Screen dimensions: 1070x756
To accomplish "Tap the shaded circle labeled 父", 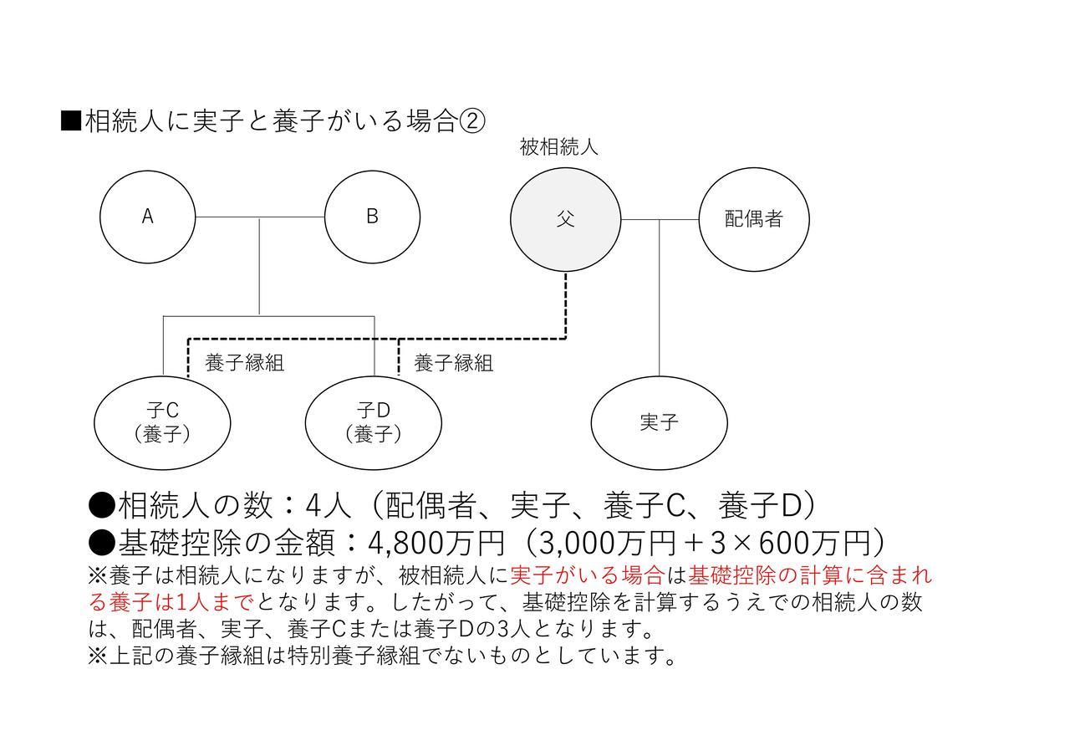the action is [566, 219].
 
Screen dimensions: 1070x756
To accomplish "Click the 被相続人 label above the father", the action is [559, 146].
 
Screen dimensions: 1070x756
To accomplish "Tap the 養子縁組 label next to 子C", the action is [245, 363].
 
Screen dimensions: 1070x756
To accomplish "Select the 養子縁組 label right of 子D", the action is [453, 363].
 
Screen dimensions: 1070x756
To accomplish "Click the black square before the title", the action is [71, 120].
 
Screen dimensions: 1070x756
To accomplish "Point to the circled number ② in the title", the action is [472, 121].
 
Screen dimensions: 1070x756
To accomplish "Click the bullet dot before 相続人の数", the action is [102, 506].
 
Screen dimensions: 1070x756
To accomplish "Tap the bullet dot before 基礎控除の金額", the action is [102, 543].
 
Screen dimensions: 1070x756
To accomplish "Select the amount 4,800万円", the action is [436, 544].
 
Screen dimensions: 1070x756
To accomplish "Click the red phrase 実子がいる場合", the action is [588, 575].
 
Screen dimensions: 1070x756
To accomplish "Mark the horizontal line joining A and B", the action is [260, 217].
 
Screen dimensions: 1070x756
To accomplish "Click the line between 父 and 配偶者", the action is [660, 220].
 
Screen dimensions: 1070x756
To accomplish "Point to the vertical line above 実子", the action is [660, 299].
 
